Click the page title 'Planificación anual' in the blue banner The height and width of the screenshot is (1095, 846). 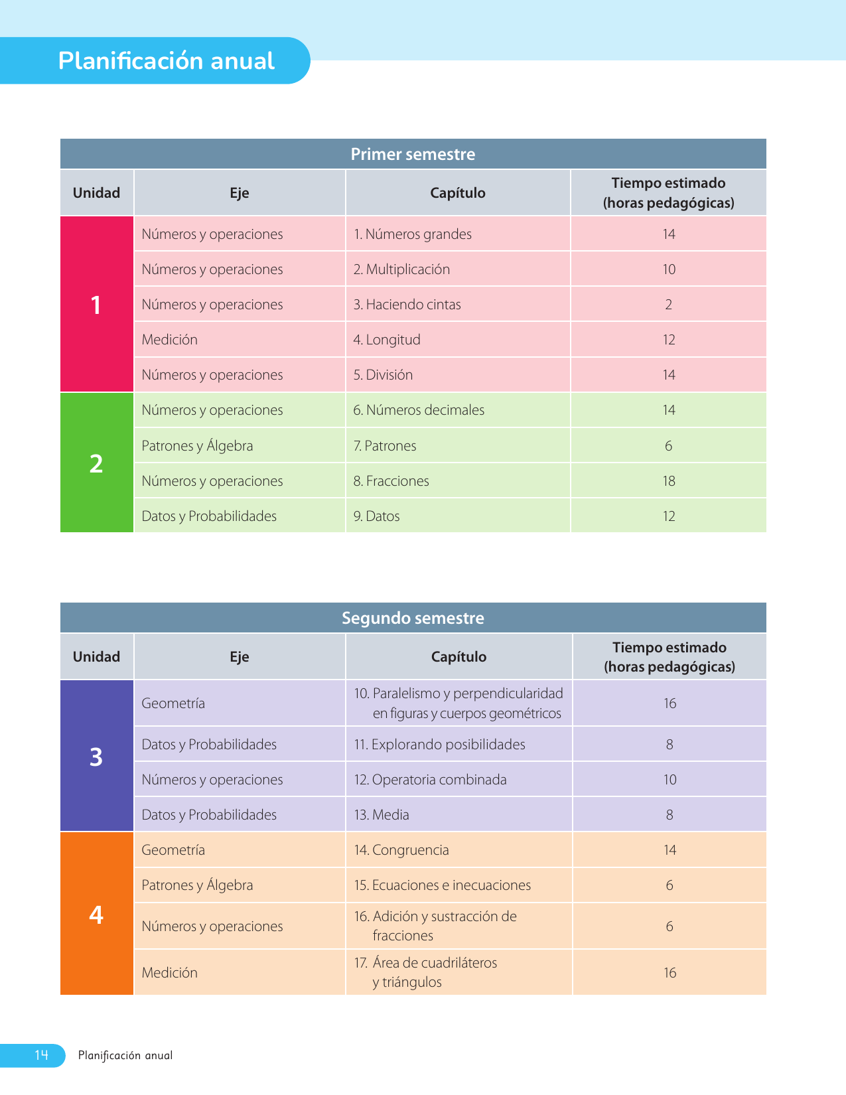coord(166,61)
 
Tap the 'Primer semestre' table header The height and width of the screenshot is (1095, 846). coord(413,155)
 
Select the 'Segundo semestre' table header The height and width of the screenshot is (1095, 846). coord(413,619)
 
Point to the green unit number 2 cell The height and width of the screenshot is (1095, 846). coord(96,463)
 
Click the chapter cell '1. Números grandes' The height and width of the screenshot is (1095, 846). coord(412,234)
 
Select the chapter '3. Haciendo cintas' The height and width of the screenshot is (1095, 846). coord(407,305)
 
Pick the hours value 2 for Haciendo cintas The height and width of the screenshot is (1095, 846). coord(668,305)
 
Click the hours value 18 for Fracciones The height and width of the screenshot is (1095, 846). coord(668,481)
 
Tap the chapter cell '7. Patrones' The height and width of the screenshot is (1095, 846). coord(385,446)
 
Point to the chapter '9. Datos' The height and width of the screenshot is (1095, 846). coord(376,516)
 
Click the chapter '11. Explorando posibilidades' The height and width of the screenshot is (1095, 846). coord(439,745)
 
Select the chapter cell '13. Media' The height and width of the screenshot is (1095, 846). coord(382,815)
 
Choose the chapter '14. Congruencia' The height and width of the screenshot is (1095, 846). coord(401,850)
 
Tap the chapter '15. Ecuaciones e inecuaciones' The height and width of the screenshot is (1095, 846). coord(443,885)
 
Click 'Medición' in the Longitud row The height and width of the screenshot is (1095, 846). coord(170,340)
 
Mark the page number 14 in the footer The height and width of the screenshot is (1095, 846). coord(41,1055)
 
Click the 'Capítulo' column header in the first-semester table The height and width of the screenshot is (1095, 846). coord(458,193)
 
